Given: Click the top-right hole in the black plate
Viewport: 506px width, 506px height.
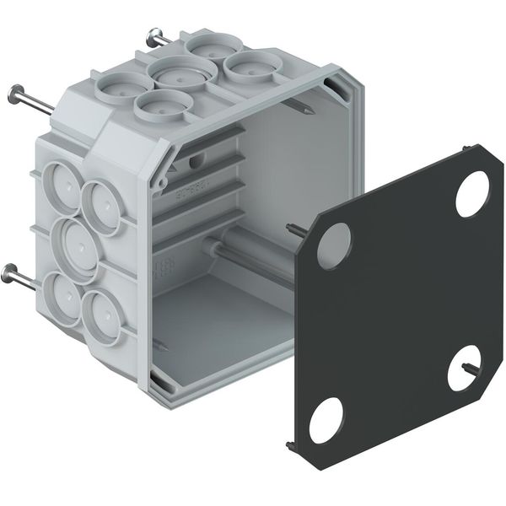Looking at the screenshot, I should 472,194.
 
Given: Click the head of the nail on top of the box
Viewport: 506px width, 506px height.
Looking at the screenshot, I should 153,35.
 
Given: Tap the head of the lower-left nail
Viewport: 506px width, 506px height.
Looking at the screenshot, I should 12,272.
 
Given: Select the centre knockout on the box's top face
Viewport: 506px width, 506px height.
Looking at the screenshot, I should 179,74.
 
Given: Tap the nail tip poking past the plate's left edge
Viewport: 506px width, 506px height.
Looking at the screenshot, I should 294,228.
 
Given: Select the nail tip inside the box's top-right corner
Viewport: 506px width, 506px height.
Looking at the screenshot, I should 301,108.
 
